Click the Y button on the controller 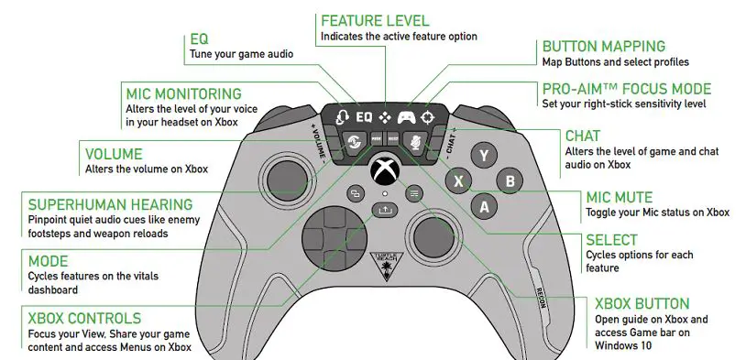(x=483, y=154)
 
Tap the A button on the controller (x=484, y=207)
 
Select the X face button (x=458, y=180)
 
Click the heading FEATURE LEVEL (x=374, y=20)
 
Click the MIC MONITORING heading (x=183, y=93)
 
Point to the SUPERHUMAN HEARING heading (x=110, y=204)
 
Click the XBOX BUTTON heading (x=642, y=303)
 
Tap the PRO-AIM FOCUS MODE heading (x=626, y=89)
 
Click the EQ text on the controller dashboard (x=364, y=117)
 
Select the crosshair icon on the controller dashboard (x=428, y=117)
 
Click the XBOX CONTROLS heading (x=84, y=318)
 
